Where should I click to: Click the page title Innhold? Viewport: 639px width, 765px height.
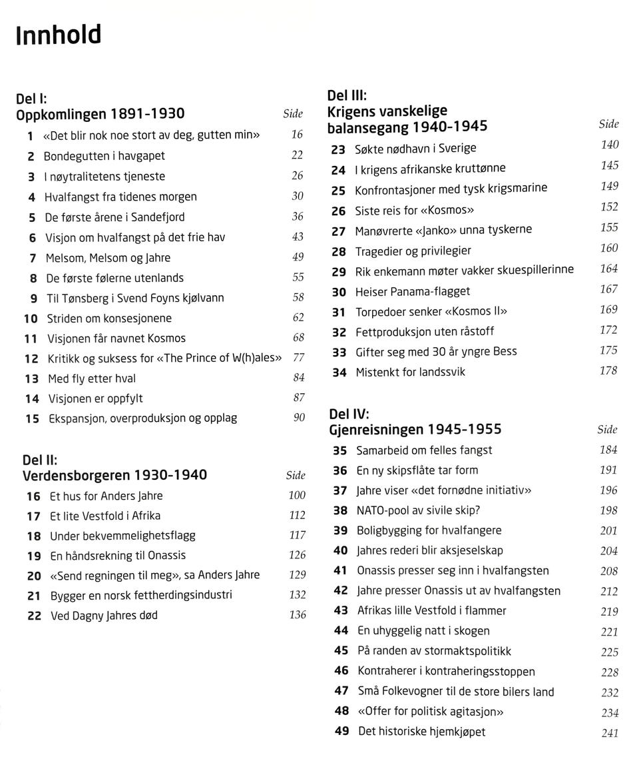[x=58, y=35]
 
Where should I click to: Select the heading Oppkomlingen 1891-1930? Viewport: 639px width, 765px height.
[x=101, y=114]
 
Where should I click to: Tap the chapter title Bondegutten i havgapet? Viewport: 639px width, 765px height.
[x=105, y=156]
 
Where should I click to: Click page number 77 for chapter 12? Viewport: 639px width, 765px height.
[x=298, y=357]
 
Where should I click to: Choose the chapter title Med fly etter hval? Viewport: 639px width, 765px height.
[x=92, y=379]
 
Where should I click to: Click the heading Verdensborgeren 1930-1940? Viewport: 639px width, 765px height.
[x=114, y=475]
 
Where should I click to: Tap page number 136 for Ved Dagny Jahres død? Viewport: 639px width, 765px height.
[x=298, y=614]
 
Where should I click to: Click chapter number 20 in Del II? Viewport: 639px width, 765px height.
[x=34, y=576]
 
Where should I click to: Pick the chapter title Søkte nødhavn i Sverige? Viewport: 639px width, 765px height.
[x=415, y=149]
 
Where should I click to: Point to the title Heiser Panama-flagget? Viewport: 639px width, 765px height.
[x=413, y=291]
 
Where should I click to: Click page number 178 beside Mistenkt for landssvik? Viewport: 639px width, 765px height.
[x=608, y=371]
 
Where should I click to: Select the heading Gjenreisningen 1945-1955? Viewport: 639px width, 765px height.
[x=415, y=429]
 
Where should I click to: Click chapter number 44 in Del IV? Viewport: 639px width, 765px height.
[x=341, y=630]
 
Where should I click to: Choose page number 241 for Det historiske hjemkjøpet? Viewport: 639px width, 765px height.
[x=610, y=733]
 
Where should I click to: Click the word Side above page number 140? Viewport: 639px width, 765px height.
[x=608, y=124]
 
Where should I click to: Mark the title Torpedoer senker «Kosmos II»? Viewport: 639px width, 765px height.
[x=431, y=311]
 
